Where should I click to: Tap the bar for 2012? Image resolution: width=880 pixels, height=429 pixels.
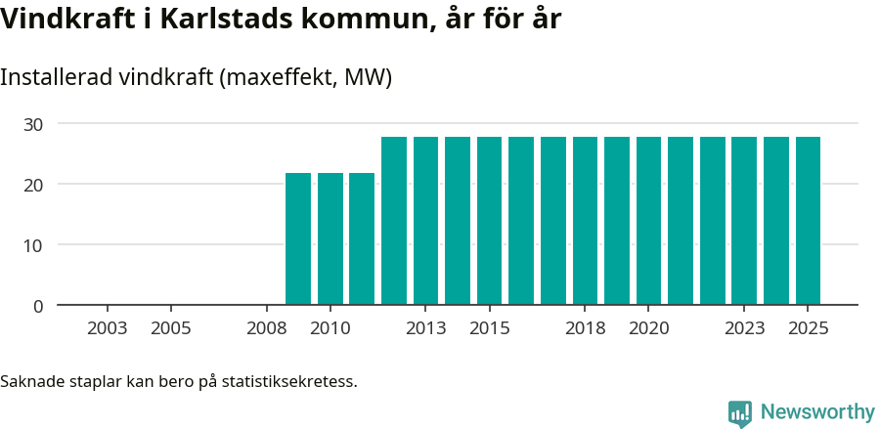[x=394, y=221]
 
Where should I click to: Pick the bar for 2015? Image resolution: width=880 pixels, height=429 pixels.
[x=489, y=221]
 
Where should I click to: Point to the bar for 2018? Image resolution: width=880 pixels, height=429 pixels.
[x=585, y=221]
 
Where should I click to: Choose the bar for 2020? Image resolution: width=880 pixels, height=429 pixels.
[x=648, y=221]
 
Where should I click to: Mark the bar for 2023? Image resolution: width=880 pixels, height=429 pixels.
[x=744, y=221]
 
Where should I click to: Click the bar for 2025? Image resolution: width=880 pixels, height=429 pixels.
[x=808, y=221]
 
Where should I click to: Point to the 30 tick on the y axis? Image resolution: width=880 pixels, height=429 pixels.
[x=34, y=124]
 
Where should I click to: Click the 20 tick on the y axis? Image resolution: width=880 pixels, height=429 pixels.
[x=34, y=185]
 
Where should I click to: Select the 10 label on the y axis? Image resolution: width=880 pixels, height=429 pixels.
[x=34, y=245]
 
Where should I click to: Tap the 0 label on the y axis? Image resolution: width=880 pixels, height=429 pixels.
[x=38, y=306]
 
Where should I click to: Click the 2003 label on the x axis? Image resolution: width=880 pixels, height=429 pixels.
[x=107, y=328]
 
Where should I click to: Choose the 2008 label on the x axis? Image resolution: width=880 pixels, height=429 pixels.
[x=266, y=328]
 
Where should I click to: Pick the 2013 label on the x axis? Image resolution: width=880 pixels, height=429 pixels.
[x=425, y=328]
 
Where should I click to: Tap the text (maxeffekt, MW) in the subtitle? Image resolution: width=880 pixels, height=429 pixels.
[x=307, y=78]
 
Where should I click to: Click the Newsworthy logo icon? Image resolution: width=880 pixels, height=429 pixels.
[x=740, y=413]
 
